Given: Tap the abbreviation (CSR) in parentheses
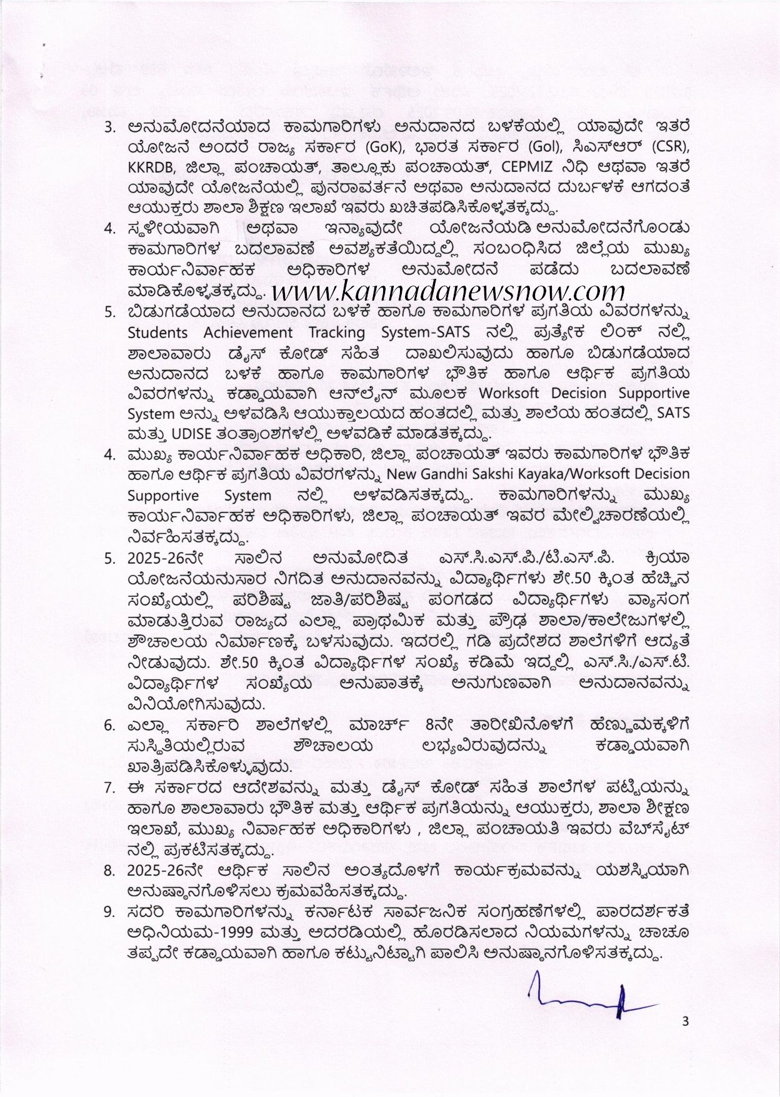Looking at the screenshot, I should pos(671,148).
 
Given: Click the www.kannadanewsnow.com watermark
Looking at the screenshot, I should pos(449,290).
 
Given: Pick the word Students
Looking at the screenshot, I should pos(157,332).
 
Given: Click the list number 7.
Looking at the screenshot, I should pos(109,786).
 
